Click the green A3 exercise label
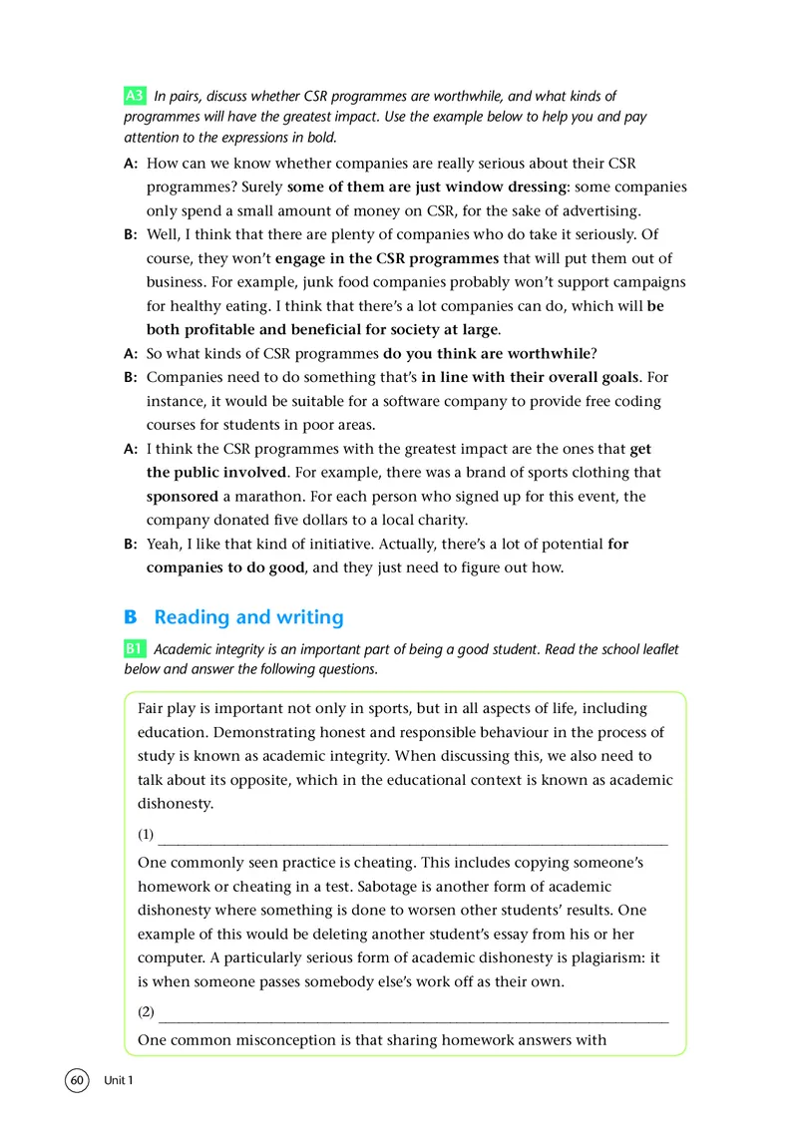[135, 97]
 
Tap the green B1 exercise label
[135, 649]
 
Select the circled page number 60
[77, 1081]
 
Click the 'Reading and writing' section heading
[248, 616]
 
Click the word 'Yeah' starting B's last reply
[166, 544]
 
